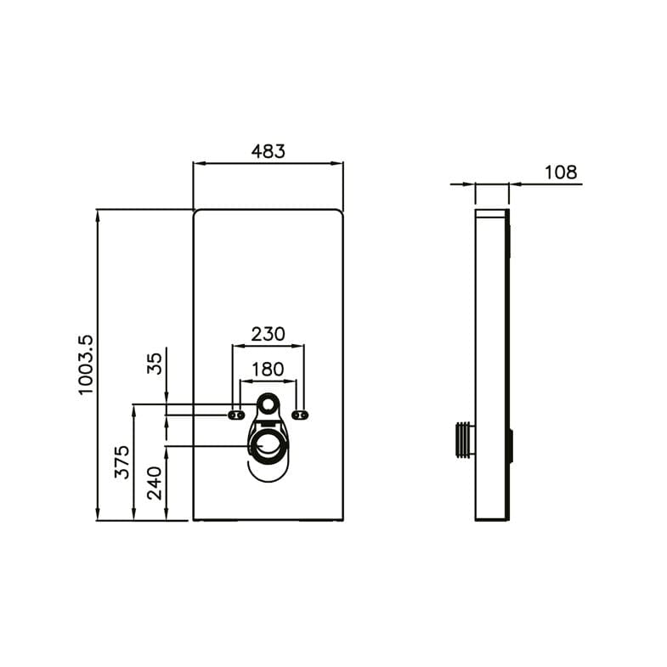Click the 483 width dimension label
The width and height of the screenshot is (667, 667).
[268, 151]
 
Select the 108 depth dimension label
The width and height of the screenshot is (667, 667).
[560, 172]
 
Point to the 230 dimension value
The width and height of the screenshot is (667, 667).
[268, 334]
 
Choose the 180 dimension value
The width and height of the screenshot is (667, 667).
[268, 370]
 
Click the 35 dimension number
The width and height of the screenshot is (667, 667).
[155, 365]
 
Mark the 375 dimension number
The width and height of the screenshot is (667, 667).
[122, 461]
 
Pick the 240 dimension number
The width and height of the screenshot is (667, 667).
[155, 481]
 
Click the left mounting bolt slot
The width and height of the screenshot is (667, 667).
[235, 415]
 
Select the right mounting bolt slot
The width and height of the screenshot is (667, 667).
[299, 415]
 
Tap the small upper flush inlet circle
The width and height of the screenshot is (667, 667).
[268, 404]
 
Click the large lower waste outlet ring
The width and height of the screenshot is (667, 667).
[268, 447]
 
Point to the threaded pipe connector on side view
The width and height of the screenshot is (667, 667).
[463, 439]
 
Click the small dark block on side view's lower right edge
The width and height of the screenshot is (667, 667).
[512, 446]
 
